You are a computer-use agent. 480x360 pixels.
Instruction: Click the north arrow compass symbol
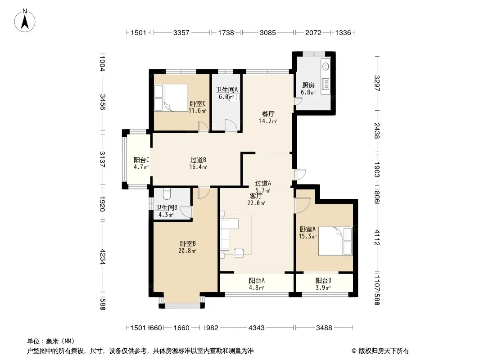click(25, 21)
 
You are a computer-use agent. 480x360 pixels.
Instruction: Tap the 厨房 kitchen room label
click(308, 85)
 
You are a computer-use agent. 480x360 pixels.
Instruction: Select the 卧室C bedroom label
click(198, 103)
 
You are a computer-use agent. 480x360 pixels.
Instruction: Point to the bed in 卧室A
click(335, 241)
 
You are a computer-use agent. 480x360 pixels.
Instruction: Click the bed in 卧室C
click(171, 98)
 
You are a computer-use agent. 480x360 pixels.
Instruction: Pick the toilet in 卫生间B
click(167, 193)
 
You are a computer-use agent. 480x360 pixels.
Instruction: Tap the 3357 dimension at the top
click(181, 32)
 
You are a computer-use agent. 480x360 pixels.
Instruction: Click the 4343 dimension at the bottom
click(257, 328)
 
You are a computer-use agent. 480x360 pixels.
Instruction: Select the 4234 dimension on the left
click(103, 257)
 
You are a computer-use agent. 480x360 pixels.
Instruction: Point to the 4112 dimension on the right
click(377, 238)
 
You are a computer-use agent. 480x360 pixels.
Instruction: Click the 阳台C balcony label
click(141, 160)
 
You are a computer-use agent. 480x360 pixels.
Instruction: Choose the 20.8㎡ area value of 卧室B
click(187, 251)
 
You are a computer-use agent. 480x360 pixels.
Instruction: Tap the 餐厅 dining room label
click(268, 114)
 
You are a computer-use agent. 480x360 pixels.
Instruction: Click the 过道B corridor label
click(198, 160)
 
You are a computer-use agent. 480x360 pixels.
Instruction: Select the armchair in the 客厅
click(239, 252)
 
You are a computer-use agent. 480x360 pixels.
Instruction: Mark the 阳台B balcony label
click(323, 280)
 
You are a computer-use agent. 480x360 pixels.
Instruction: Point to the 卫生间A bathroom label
click(226, 90)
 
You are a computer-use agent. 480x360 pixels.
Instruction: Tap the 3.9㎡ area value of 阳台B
click(323, 288)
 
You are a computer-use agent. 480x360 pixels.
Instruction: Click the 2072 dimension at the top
click(313, 32)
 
